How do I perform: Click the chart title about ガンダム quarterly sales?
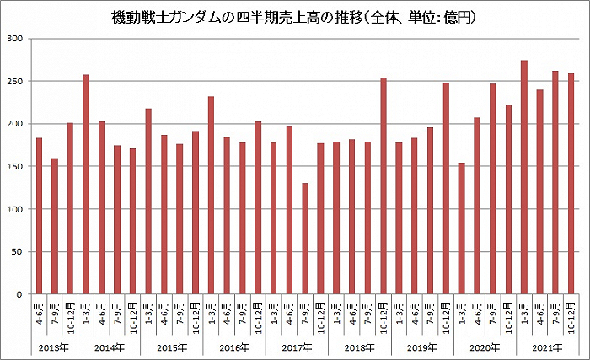click(294, 17)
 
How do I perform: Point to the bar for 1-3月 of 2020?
click(461, 228)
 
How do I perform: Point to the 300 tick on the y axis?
click(16, 39)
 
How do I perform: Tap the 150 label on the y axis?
click(16, 166)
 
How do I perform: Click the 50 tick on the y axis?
click(19, 252)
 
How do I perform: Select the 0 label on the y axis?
click(21, 294)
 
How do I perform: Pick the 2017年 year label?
click(297, 347)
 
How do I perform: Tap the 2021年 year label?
click(547, 347)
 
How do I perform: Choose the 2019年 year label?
click(421, 347)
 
